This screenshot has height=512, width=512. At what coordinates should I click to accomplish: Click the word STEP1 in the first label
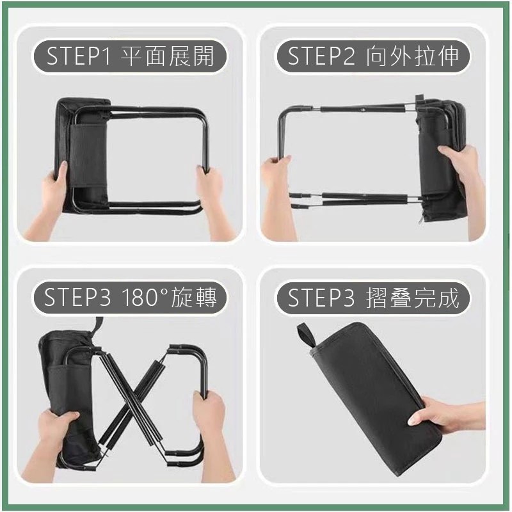click(x=78, y=56)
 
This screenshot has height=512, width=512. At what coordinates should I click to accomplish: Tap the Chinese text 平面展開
click(x=168, y=56)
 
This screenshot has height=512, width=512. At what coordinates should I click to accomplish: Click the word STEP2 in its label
click(x=321, y=56)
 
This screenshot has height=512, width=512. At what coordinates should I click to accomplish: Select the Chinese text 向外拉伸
click(x=412, y=56)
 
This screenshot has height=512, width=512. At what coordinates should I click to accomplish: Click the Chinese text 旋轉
click(x=194, y=298)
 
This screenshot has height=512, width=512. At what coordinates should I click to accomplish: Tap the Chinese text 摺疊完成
click(x=412, y=298)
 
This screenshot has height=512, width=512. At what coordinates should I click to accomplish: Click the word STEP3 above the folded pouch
click(x=321, y=298)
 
